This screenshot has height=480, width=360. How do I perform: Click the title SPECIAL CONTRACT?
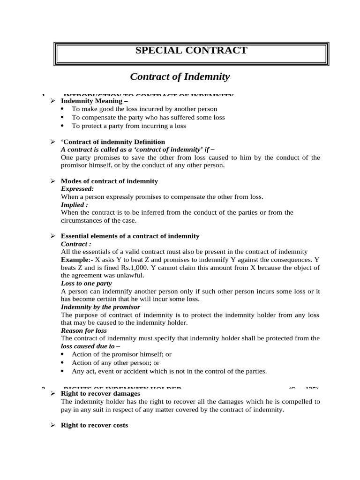tap(191, 51)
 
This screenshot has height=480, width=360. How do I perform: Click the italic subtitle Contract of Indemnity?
tap(180, 76)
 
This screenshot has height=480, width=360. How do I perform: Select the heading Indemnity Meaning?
tap(94, 101)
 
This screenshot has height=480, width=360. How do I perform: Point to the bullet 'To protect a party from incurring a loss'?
tap(128, 126)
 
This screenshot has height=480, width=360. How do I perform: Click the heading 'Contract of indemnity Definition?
tap(113, 142)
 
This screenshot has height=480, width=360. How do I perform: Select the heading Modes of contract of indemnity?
tap(109, 181)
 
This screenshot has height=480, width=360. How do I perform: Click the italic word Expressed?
tap(77, 188)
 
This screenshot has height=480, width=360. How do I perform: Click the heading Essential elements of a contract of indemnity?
tap(130, 236)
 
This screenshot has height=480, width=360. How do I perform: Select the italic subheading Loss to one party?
tap(86, 283)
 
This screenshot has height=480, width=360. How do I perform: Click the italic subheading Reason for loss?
tap(84, 330)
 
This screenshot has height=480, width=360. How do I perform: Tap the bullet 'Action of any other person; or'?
tap(115, 363)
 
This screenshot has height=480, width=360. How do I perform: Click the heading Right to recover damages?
tap(101, 394)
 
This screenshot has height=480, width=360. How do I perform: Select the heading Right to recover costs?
tap(94, 425)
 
